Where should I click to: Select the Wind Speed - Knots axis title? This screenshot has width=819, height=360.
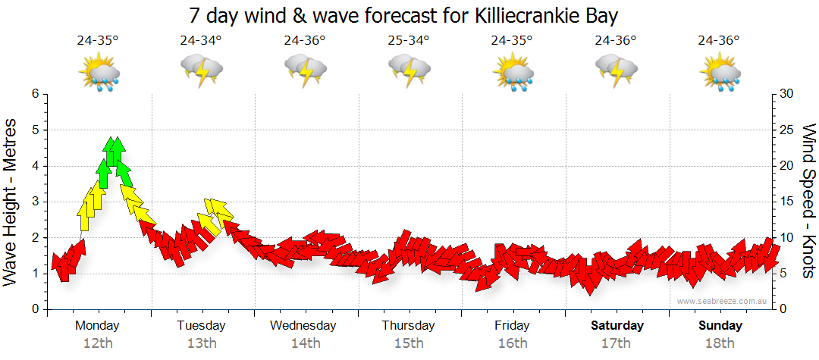808,202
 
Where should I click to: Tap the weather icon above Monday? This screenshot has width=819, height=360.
99,73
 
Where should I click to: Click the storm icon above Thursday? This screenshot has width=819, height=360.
409,73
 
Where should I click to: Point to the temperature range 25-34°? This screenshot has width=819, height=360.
409,40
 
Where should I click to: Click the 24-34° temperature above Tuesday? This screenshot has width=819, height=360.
201,40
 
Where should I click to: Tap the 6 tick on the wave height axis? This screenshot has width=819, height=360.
35,94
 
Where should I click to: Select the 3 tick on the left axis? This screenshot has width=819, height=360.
35,202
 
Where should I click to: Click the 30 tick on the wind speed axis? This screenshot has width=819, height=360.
787,94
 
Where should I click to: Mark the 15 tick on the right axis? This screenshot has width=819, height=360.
787,202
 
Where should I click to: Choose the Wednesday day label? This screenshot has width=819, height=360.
303,325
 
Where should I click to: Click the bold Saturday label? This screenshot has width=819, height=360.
617,325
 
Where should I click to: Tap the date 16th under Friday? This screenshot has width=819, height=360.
513,343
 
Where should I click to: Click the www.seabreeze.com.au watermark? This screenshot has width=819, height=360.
723,301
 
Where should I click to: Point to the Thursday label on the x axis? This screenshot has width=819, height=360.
408,325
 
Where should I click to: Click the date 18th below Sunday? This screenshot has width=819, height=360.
720,343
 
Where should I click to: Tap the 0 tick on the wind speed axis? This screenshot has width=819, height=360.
784,309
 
